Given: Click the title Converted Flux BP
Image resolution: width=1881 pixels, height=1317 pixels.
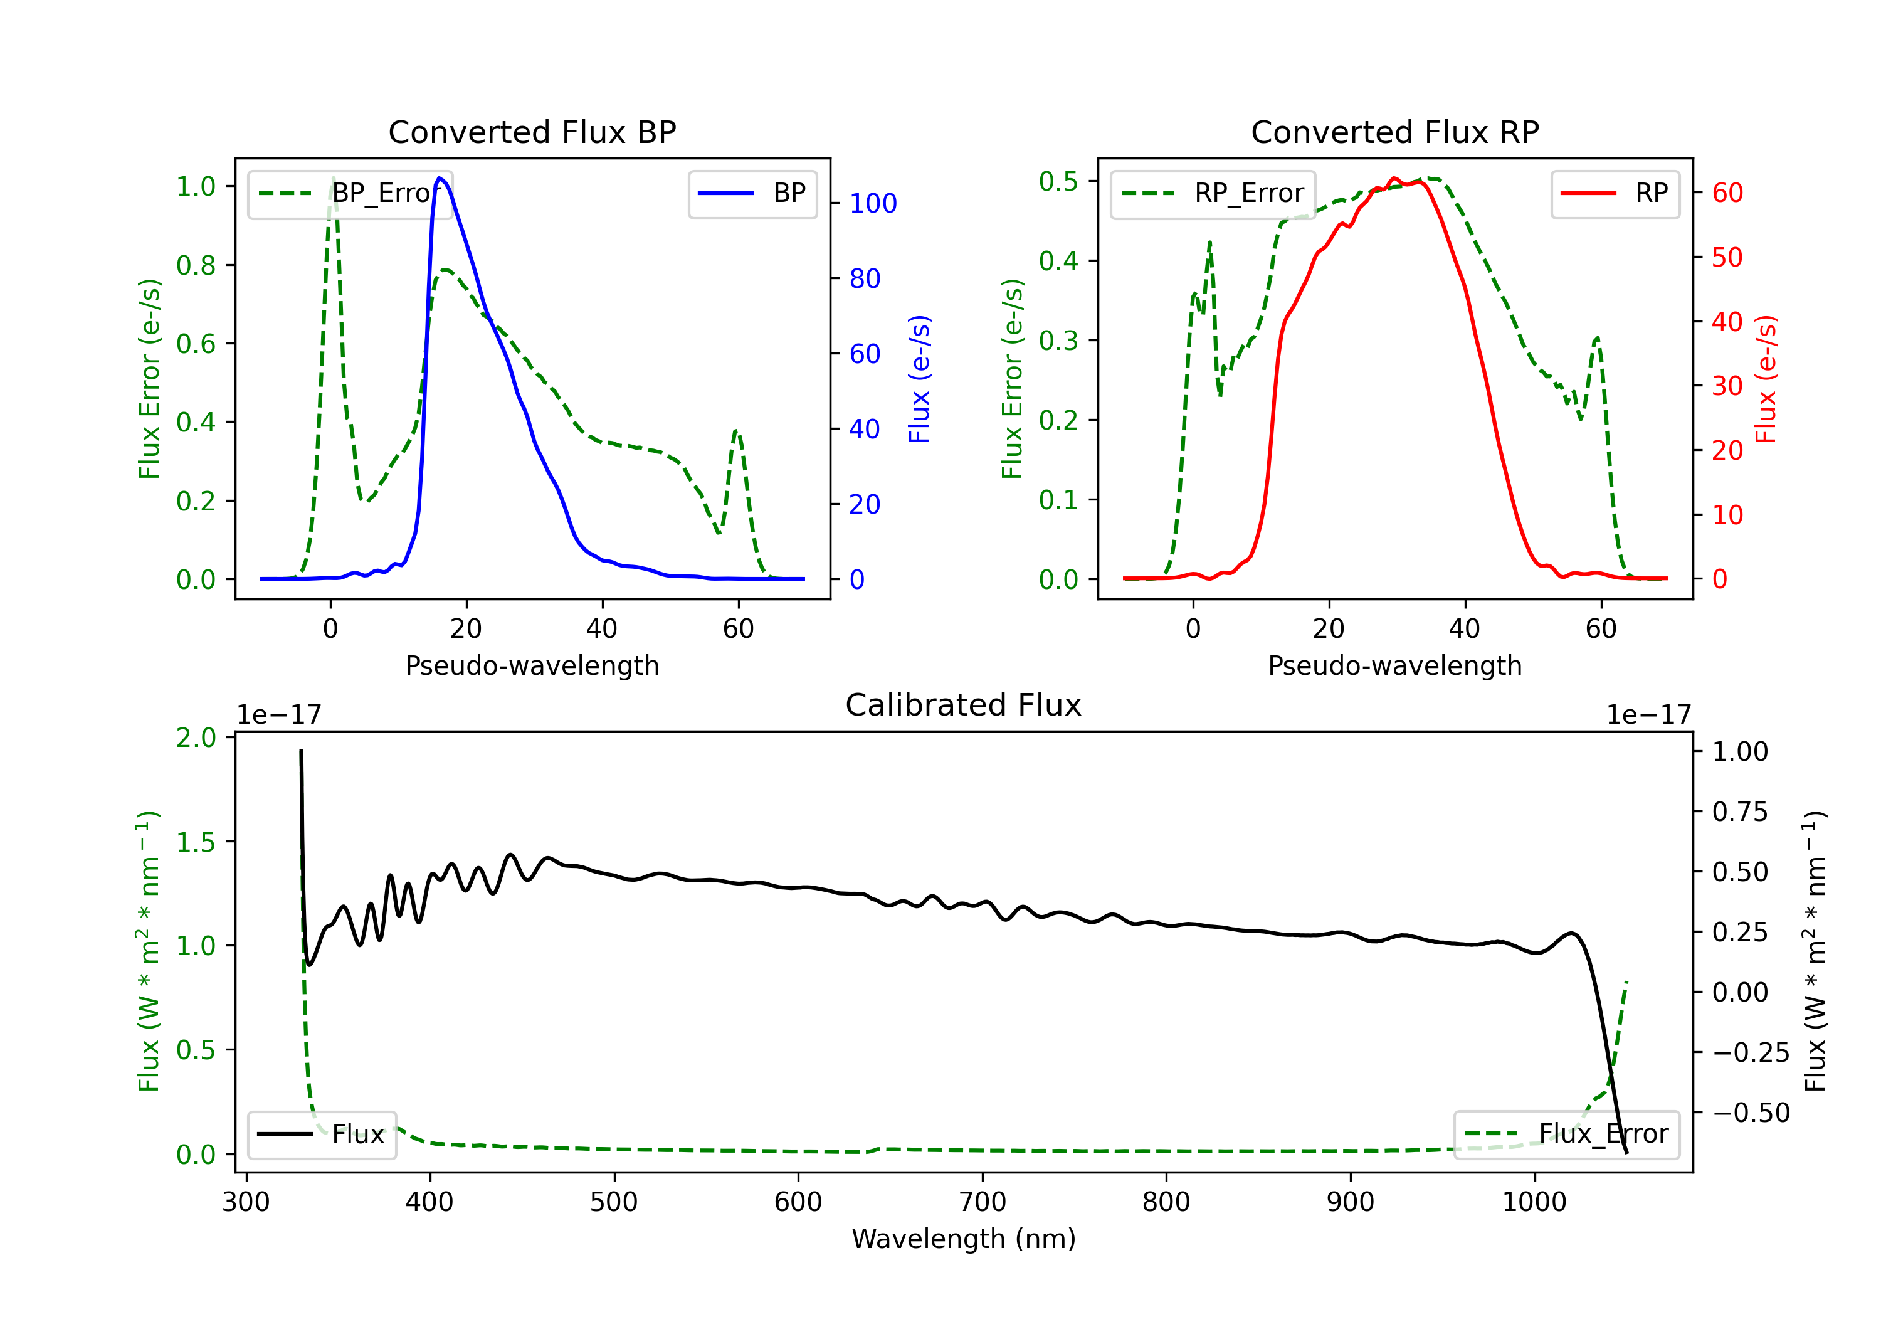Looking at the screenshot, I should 532,132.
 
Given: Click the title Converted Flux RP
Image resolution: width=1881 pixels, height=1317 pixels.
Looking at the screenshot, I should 1394,132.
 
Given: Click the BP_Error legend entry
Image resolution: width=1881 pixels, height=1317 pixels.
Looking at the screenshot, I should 350,193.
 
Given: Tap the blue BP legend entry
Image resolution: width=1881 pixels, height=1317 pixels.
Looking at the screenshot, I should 752,193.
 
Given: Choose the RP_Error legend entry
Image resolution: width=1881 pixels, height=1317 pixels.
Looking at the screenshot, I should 1213,193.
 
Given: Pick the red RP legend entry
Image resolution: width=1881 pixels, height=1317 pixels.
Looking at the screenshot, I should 1615,193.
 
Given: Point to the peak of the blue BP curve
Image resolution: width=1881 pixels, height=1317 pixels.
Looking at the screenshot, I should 440,178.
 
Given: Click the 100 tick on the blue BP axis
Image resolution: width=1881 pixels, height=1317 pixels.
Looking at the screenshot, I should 873,203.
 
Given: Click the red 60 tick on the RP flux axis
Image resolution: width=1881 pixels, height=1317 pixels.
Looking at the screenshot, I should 1727,193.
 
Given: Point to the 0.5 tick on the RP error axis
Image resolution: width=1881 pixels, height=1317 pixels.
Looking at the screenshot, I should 1058,181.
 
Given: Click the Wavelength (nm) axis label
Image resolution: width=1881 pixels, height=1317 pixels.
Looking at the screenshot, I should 964,1239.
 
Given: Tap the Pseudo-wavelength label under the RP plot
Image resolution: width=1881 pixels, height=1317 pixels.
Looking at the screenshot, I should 1394,665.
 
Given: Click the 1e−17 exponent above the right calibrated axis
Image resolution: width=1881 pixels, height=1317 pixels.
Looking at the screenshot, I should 1648,715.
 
